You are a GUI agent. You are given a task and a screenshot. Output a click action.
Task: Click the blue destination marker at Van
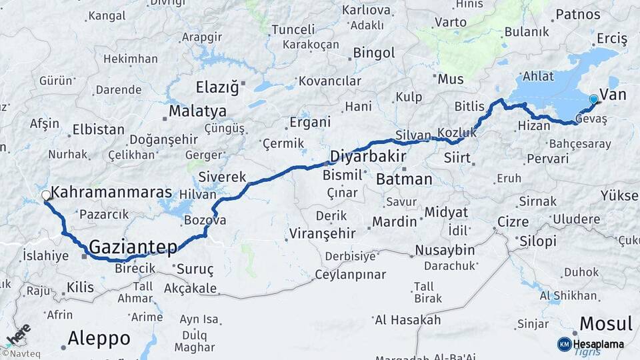pos(593,99)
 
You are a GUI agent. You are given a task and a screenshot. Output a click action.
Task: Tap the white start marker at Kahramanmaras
pos(46,195)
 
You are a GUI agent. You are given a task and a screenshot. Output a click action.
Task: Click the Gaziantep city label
pos(133,247)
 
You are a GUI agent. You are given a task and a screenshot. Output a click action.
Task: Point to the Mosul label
pos(605,324)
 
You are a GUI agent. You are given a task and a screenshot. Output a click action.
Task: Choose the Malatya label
pos(197,111)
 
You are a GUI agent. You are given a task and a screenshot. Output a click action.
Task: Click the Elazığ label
pos(217,87)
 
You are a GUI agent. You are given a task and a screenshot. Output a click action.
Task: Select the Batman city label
pos(404,179)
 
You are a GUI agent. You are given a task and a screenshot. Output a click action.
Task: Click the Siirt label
pos(457,159)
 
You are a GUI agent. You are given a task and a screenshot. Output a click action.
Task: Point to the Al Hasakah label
pos(407,320)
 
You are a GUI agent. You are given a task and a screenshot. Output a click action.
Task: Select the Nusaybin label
pos(445,250)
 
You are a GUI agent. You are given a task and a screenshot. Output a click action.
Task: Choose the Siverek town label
pos(223,178)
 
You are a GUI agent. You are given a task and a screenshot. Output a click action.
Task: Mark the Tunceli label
pos(293,30)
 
